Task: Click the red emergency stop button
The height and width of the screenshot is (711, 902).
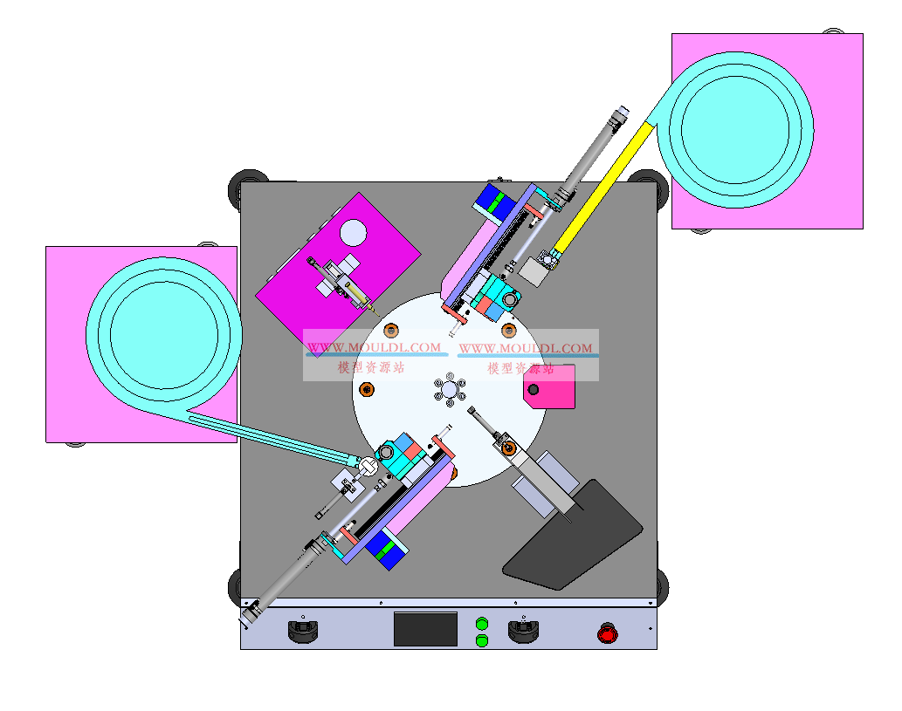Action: [608, 633]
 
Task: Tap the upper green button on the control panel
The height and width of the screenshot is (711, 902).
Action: [482, 624]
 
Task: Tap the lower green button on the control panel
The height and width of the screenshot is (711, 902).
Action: [482, 640]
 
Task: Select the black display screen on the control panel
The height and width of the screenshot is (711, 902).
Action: [426, 629]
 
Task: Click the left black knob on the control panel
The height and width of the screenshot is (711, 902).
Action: [303, 631]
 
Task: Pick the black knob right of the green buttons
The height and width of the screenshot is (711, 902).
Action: [524, 631]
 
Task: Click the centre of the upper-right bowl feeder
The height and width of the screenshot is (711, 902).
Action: [735, 130]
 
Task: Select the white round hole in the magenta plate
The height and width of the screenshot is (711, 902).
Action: [354, 232]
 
